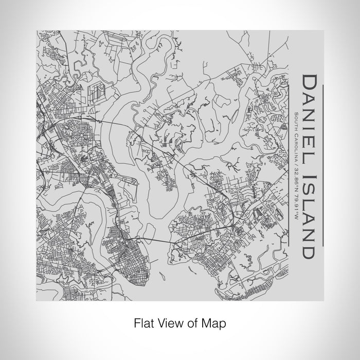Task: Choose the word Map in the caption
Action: pos(215,324)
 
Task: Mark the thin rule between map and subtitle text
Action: pos(290,165)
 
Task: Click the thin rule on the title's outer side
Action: pos(322,165)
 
